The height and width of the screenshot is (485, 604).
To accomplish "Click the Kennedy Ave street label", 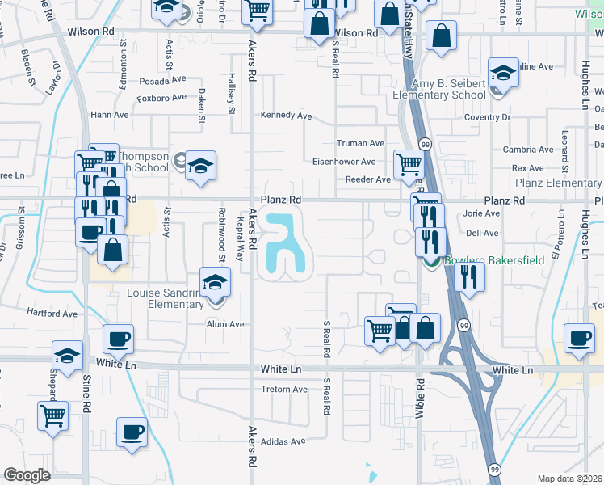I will point(286,116).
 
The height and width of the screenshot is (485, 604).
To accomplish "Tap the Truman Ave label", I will point(360,143).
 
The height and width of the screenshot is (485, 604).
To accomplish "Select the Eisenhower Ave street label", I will point(344,161).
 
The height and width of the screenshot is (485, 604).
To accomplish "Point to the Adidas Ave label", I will point(283,441).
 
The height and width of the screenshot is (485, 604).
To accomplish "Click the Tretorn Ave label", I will point(284,389).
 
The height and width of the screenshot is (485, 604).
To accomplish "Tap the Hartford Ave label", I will point(52,314).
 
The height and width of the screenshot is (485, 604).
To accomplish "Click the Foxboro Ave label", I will point(162,99).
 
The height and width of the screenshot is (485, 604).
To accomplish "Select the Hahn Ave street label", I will point(110,115).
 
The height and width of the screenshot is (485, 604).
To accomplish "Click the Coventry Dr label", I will point(489,117).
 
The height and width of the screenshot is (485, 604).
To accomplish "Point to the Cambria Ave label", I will point(527,150).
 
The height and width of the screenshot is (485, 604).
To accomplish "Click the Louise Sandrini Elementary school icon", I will point(216,283).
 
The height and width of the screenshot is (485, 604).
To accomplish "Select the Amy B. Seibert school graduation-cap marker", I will point(502,74).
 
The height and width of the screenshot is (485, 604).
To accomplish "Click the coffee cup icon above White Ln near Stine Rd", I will point(119,339).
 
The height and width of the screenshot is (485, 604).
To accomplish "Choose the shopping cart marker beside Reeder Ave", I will point(409,165).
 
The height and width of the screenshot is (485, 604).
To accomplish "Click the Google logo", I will point(27,475).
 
